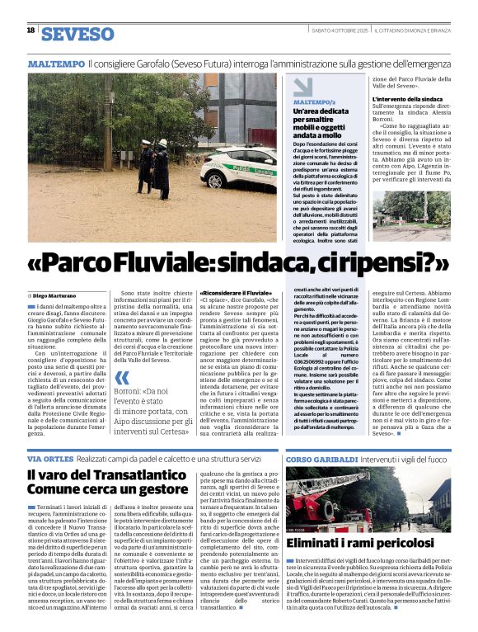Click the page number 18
30,30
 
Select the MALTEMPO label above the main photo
56,64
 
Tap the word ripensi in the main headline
392,262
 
